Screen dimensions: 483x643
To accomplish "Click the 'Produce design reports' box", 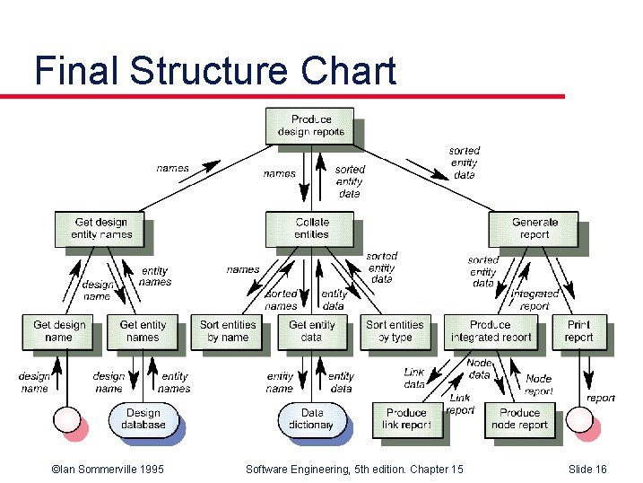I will coord(310,125).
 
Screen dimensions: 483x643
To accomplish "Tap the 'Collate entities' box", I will coord(310,228).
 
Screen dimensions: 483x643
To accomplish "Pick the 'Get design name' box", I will coord(58,331).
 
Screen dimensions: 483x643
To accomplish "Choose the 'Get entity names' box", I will coord(143,331).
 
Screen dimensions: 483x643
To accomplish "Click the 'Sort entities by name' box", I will coord(227,331).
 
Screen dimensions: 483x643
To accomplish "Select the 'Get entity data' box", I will coord(311,331).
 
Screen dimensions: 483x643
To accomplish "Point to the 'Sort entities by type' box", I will coord(395,331).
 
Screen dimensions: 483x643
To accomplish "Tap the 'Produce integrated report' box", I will coord(490,331).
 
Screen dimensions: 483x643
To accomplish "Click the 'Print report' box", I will coord(579,331).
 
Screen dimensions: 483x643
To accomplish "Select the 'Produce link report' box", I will coord(407,419).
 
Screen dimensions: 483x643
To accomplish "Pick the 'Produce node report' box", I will coord(519,419).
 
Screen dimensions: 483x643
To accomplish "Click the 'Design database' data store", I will coord(143,419).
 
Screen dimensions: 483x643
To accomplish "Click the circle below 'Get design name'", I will coord(67,419).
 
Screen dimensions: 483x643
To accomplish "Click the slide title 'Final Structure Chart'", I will coord(215,70).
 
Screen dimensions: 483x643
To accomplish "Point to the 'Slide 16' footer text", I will coord(587,470).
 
